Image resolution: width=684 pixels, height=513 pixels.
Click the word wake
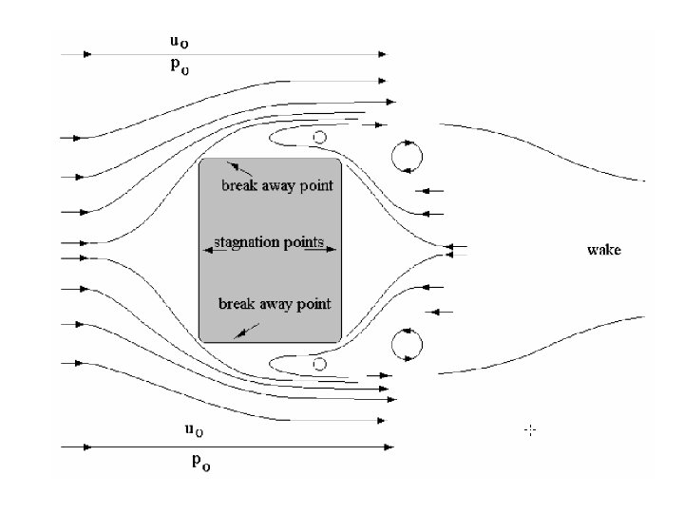[x=603, y=251]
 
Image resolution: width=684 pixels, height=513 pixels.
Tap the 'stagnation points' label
[x=270, y=242]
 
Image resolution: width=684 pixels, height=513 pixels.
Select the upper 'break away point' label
[x=277, y=185]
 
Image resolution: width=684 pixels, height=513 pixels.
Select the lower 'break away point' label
[x=275, y=304]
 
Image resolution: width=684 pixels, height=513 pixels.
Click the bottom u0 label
[x=193, y=430]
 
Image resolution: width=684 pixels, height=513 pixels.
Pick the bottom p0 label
[x=201, y=463]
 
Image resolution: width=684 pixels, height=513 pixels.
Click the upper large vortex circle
[x=407, y=156]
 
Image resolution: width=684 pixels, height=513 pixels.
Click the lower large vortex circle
[x=407, y=344]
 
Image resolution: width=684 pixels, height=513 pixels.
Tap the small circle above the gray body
[x=320, y=138]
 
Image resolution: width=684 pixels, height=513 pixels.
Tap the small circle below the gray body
[x=320, y=364]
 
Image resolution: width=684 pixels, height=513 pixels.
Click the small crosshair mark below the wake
[x=530, y=430]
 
